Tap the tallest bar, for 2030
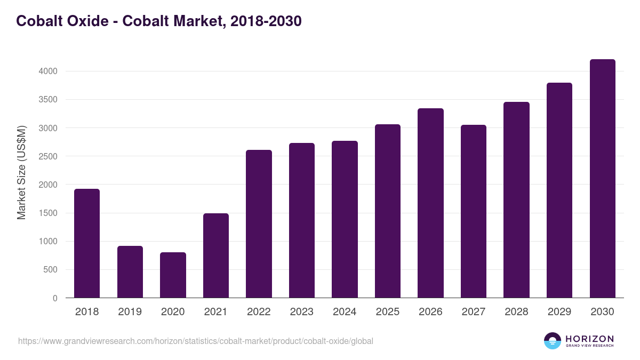pos(602,179)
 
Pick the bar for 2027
pos(473,211)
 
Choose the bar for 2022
pos(259,224)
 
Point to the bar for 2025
pos(387,211)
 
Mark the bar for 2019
pos(130,271)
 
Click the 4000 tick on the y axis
pos(47,71)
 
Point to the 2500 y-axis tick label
pos(47,156)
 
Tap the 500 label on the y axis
pos(50,270)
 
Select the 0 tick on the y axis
pos(55,298)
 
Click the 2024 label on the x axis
pos(345,312)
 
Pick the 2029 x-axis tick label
pos(559,312)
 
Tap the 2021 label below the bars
pos(216,312)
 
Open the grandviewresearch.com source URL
pos(196,341)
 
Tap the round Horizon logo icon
pos(553,341)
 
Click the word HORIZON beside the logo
pos(589,338)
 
